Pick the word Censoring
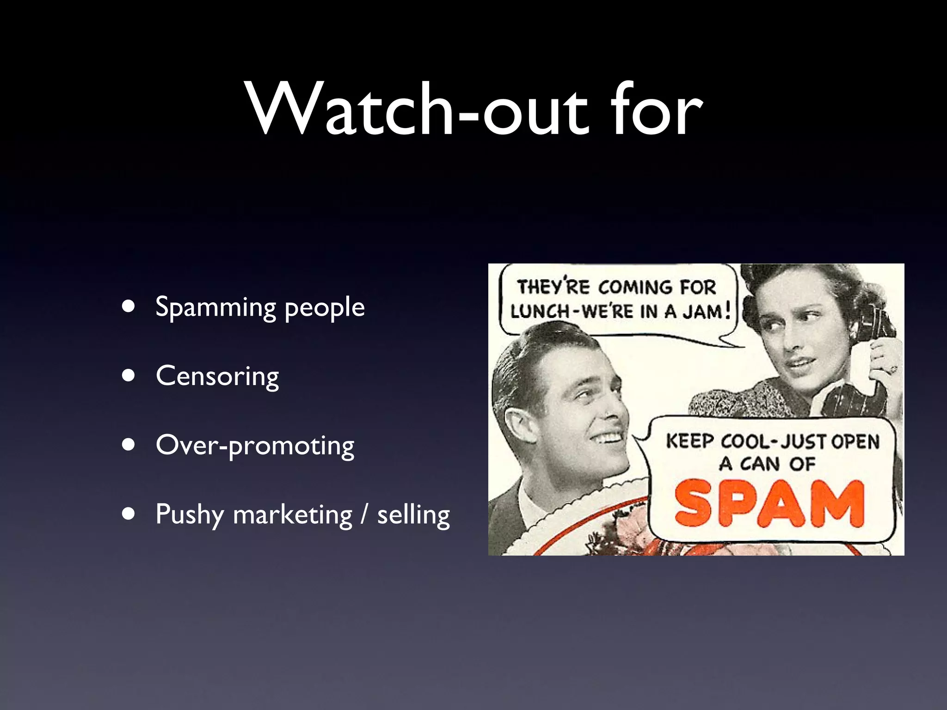(x=217, y=376)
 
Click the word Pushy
(x=189, y=515)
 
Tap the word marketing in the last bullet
(x=293, y=515)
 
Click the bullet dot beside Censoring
(x=129, y=376)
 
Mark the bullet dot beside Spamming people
(x=129, y=306)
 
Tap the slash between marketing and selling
(x=365, y=515)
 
